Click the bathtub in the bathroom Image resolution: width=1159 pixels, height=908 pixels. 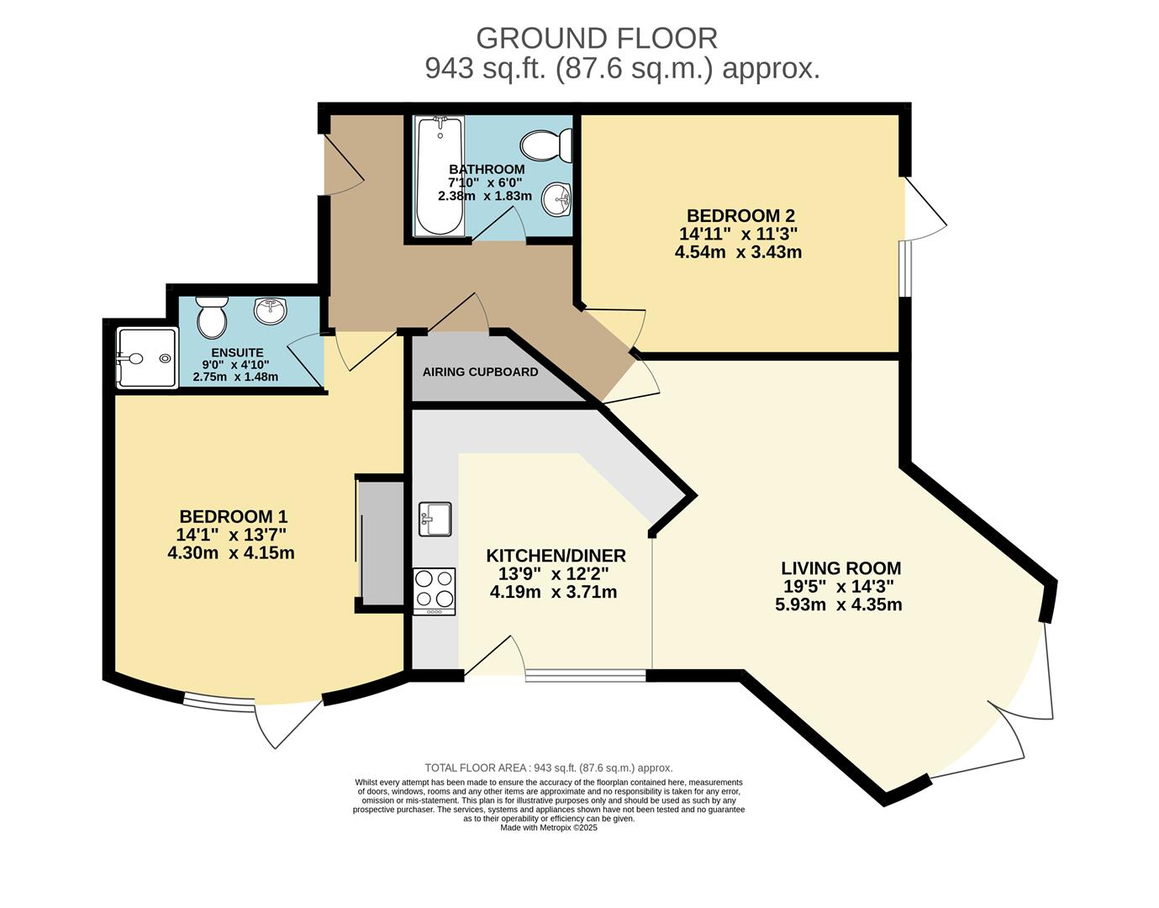440,176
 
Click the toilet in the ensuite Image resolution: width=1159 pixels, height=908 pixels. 212,317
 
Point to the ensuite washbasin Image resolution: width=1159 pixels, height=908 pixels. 271,310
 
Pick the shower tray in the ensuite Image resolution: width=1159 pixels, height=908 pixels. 147,358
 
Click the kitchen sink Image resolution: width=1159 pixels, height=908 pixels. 435,519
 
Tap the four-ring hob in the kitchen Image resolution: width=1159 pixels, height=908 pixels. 435,591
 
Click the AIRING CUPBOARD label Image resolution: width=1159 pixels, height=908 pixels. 480,372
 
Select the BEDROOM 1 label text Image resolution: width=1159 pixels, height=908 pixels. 233,516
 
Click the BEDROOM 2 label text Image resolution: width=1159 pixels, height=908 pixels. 740,215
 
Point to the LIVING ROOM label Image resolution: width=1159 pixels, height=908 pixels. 841,567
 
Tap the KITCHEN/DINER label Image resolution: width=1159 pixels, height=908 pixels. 556,556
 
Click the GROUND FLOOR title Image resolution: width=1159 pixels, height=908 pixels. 597,39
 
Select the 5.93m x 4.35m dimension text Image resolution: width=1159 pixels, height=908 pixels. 839,604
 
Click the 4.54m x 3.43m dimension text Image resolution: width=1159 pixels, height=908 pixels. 738,252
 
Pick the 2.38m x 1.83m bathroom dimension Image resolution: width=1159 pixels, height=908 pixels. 485,196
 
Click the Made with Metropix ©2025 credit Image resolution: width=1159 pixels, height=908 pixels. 549,827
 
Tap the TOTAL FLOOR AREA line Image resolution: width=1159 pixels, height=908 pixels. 549,768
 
